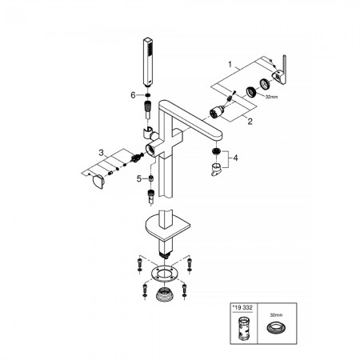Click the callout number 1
(230, 65)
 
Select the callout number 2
(250, 122)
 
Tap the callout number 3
(101, 153)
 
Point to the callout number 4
(235, 158)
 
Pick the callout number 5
(139, 179)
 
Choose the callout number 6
(133, 95)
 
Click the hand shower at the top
(148, 62)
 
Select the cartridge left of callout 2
(216, 112)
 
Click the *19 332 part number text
(242, 307)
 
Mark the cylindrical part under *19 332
(244, 329)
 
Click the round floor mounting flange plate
(165, 274)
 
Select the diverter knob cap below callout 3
(98, 182)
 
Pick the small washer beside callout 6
(147, 95)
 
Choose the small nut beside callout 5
(151, 178)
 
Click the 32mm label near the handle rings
(271, 97)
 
